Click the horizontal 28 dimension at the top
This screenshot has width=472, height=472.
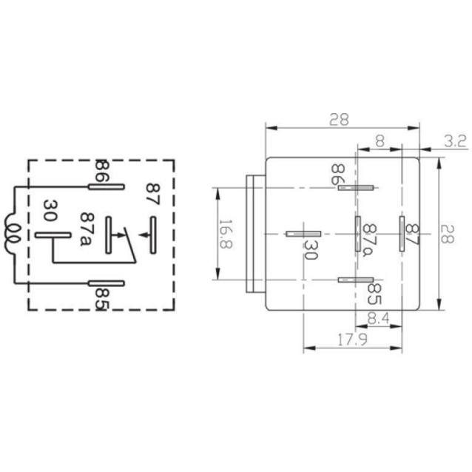pyautogui.click(x=340, y=119)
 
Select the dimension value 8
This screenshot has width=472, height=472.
pyautogui.click(x=380, y=140)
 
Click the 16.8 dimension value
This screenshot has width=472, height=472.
pyautogui.click(x=225, y=235)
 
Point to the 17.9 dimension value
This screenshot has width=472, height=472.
pyautogui.click(x=341, y=340)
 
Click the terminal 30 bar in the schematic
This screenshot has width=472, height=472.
pyautogui.click(x=53, y=235)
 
